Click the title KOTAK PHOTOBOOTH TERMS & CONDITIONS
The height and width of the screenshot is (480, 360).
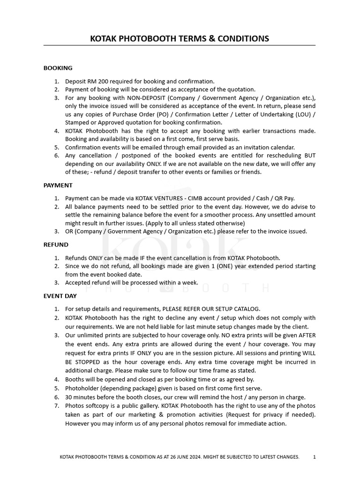180,38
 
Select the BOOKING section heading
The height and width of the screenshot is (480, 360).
58,68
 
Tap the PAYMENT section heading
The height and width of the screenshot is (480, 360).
58,185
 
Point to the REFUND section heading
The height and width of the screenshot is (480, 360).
56,245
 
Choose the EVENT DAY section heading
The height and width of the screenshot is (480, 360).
60,296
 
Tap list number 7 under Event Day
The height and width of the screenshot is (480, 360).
56,405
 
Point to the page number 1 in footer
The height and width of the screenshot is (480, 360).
315,457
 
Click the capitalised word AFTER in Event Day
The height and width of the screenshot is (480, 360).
306,335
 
